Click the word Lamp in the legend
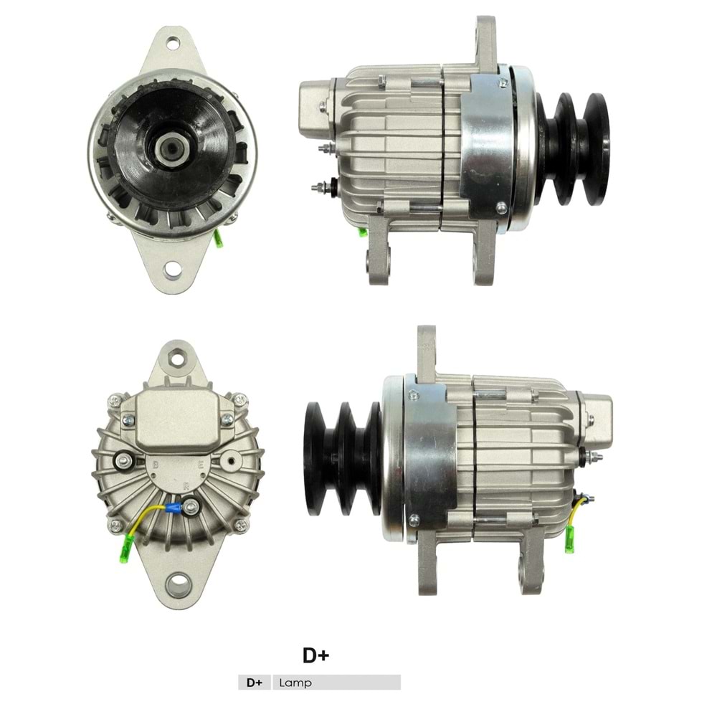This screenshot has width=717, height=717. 297,683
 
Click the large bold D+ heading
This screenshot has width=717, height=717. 315,655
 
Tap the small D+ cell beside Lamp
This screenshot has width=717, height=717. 255,683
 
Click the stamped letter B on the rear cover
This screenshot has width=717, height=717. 155,464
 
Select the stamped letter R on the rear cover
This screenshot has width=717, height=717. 185,485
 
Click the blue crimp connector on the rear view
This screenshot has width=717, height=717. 172,508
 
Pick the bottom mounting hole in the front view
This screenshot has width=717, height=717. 172,270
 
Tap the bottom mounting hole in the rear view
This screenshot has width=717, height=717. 176,583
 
